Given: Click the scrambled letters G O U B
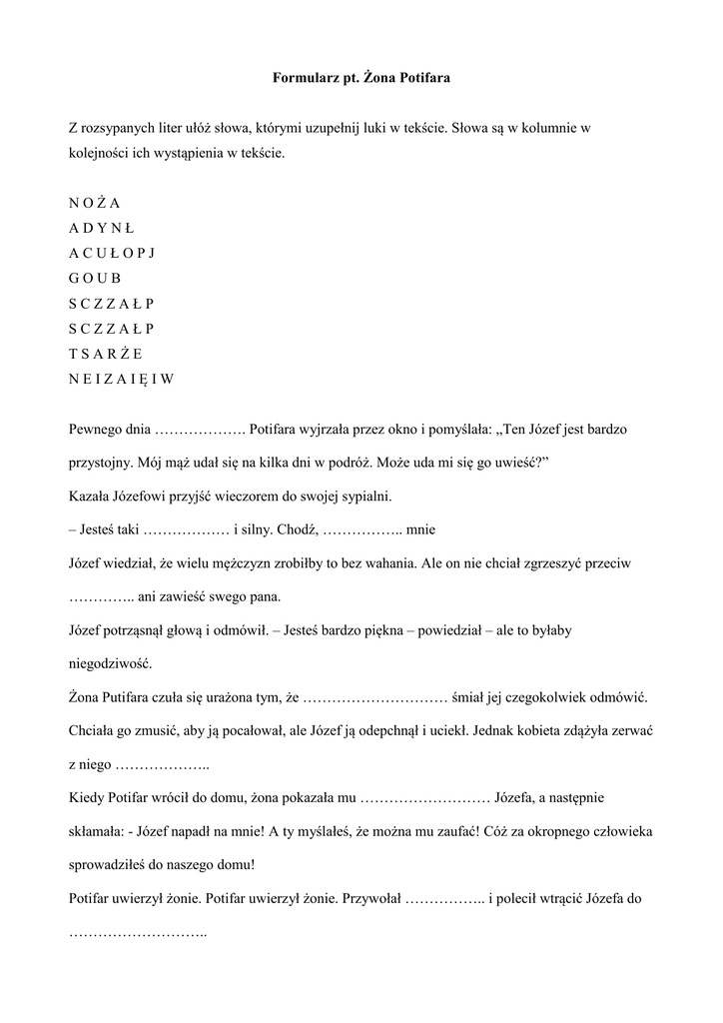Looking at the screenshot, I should pyautogui.click(x=95, y=278).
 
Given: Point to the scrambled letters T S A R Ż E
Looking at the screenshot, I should pyautogui.click(x=106, y=353).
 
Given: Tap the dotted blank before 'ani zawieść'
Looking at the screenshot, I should pyautogui.click(x=102, y=598).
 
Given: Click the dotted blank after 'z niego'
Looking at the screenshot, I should pyautogui.click(x=163, y=765).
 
